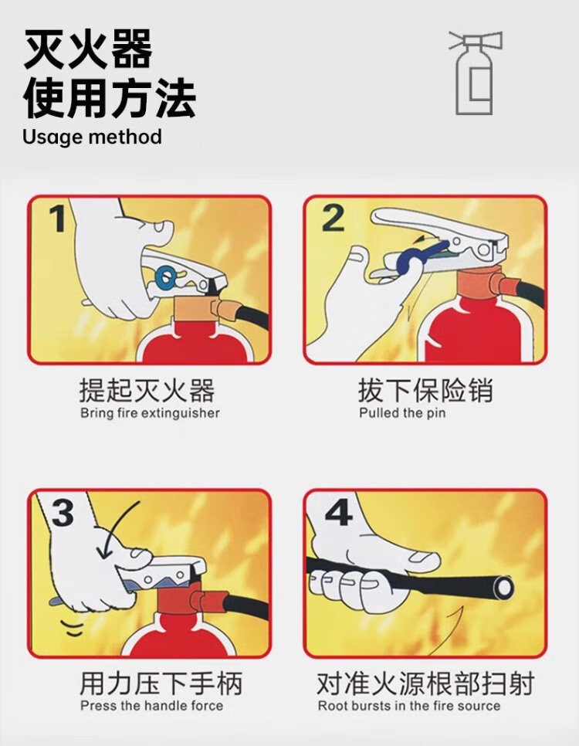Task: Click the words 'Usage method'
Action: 93,137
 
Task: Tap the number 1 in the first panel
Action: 58,219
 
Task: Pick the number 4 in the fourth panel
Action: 338,512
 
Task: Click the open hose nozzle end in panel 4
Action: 503,588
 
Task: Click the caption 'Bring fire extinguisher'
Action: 150,412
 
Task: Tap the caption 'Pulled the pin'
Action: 402,412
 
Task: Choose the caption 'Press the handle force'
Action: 152,705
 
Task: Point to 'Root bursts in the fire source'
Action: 409,705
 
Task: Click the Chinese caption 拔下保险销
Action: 426,390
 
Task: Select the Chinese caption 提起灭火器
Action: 147,390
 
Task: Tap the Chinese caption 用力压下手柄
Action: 161,683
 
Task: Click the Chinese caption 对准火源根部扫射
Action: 425,683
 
